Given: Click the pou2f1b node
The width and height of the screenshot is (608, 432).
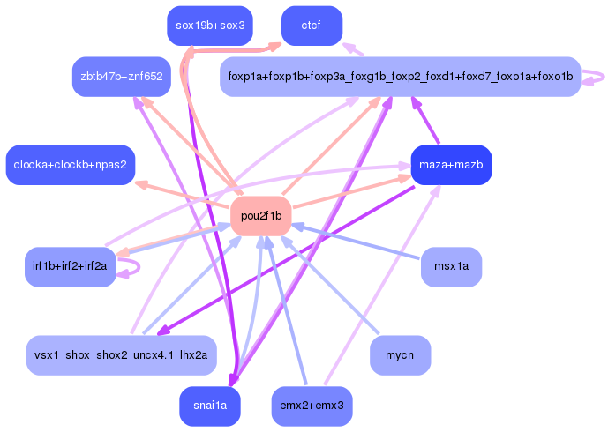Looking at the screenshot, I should [x=260, y=216].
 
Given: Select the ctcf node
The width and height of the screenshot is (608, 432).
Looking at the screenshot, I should [x=311, y=26].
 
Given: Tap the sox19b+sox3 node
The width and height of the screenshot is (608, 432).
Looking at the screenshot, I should [x=210, y=26].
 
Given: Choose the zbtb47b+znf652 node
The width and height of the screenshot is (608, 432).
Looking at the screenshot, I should [x=122, y=77].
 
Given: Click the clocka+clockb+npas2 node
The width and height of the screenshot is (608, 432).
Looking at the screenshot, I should [x=70, y=165].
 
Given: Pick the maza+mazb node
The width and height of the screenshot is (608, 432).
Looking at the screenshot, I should [x=451, y=165].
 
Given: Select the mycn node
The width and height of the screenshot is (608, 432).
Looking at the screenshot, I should [x=400, y=355].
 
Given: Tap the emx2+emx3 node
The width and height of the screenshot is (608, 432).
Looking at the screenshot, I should [x=312, y=406].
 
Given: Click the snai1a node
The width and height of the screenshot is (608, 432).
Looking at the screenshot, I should [x=210, y=406].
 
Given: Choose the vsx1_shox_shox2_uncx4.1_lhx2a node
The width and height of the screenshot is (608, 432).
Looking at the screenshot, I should [x=121, y=355].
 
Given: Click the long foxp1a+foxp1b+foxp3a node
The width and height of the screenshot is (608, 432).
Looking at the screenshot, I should [x=400, y=77].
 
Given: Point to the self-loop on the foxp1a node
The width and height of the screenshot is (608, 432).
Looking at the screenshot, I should [x=596, y=77].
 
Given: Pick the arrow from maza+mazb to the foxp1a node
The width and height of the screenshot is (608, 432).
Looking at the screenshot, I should [x=428, y=122].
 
